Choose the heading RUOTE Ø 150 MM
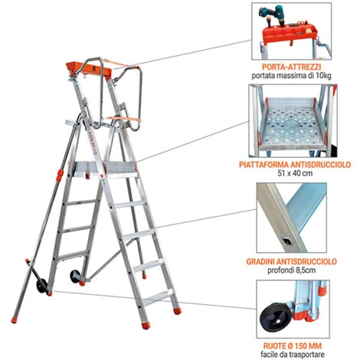[x=299, y=345]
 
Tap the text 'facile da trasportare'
[x=299, y=354]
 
